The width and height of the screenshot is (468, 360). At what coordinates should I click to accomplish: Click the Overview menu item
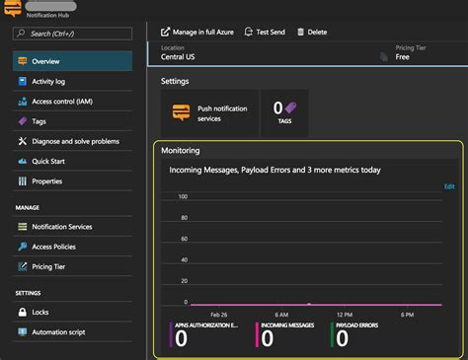pyautogui.click(x=45, y=61)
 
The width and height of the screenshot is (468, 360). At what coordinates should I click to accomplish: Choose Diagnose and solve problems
pyautogui.click(x=74, y=141)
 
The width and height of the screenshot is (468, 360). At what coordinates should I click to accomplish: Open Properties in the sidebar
pyautogui.click(x=47, y=181)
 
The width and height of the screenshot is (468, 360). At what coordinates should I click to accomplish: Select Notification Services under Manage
pyautogui.click(x=62, y=227)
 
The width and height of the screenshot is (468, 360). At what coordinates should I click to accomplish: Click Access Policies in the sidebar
pyautogui.click(x=54, y=247)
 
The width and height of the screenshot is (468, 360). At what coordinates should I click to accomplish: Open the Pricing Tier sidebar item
pyautogui.click(x=49, y=266)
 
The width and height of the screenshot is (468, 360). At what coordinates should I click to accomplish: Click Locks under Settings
pyautogui.click(x=41, y=312)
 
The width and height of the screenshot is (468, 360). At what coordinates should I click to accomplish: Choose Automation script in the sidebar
pyautogui.click(x=58, y=331)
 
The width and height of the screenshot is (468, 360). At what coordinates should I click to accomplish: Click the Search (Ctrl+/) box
pyautogui.click(x=73, y=33)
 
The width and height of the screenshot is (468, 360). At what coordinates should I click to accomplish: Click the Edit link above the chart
pyautogui.click(x=449, y=185)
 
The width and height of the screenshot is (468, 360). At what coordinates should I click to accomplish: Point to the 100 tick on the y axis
pyautogui.click(x=183, y=196)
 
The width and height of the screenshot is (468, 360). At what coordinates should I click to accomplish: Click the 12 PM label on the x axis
pyautogui.click(x=344, y=314)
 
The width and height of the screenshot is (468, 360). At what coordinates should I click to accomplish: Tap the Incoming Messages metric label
pyautogui.click(x=293, y=324)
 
